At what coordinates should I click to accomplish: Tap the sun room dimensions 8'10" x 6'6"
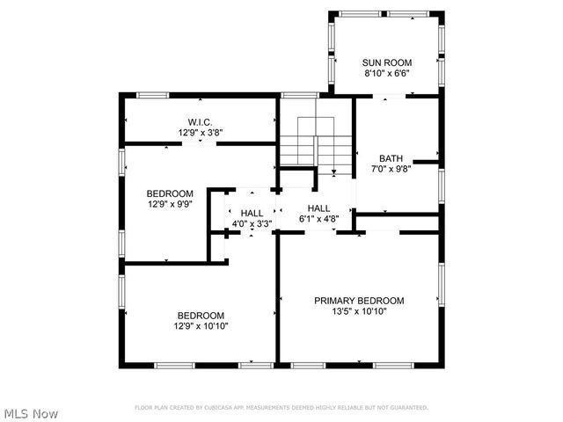387,74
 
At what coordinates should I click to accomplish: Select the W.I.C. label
200,122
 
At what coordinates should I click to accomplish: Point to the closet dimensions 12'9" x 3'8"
200,134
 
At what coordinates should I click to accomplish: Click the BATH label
391,158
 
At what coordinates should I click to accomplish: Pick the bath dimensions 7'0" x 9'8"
391,170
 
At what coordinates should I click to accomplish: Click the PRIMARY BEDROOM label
359,300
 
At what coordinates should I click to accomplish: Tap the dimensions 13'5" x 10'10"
359,311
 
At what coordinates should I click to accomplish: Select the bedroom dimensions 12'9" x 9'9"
169,205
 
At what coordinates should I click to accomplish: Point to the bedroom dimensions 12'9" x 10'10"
201,327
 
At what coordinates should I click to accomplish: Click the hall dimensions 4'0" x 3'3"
252,224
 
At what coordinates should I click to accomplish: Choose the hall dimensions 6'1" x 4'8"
318,220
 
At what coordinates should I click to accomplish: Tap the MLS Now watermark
31,412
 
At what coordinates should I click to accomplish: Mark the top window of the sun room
384,13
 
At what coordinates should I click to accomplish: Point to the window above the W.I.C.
153,94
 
